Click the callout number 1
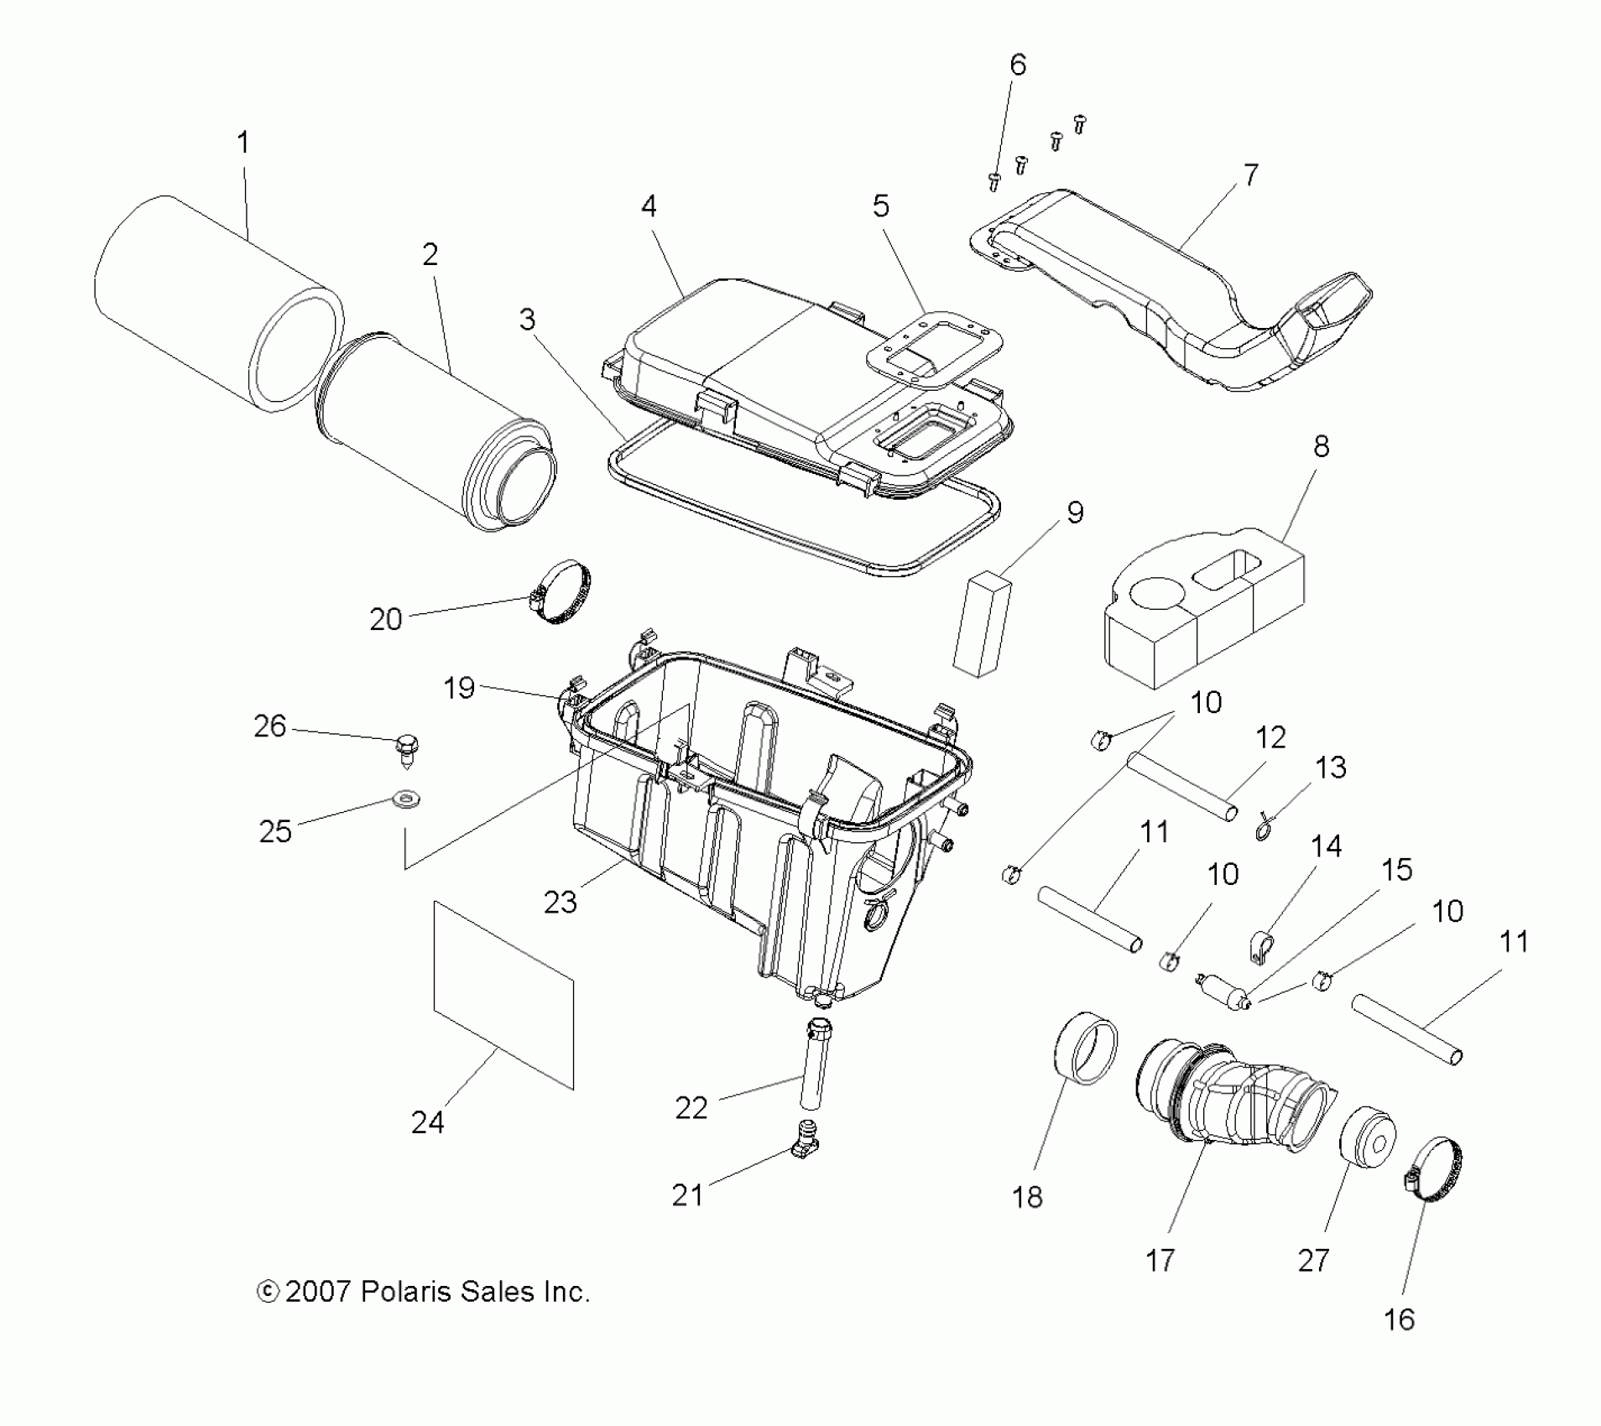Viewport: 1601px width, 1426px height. click(242, 143)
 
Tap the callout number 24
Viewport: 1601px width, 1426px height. click(427, 1122)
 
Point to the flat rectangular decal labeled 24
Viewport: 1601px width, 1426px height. click(503, 994)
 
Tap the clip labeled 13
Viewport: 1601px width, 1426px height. click(1264, 828)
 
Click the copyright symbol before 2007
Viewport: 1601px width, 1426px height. click(267, 1291)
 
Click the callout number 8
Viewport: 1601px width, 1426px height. click(1321, 446)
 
